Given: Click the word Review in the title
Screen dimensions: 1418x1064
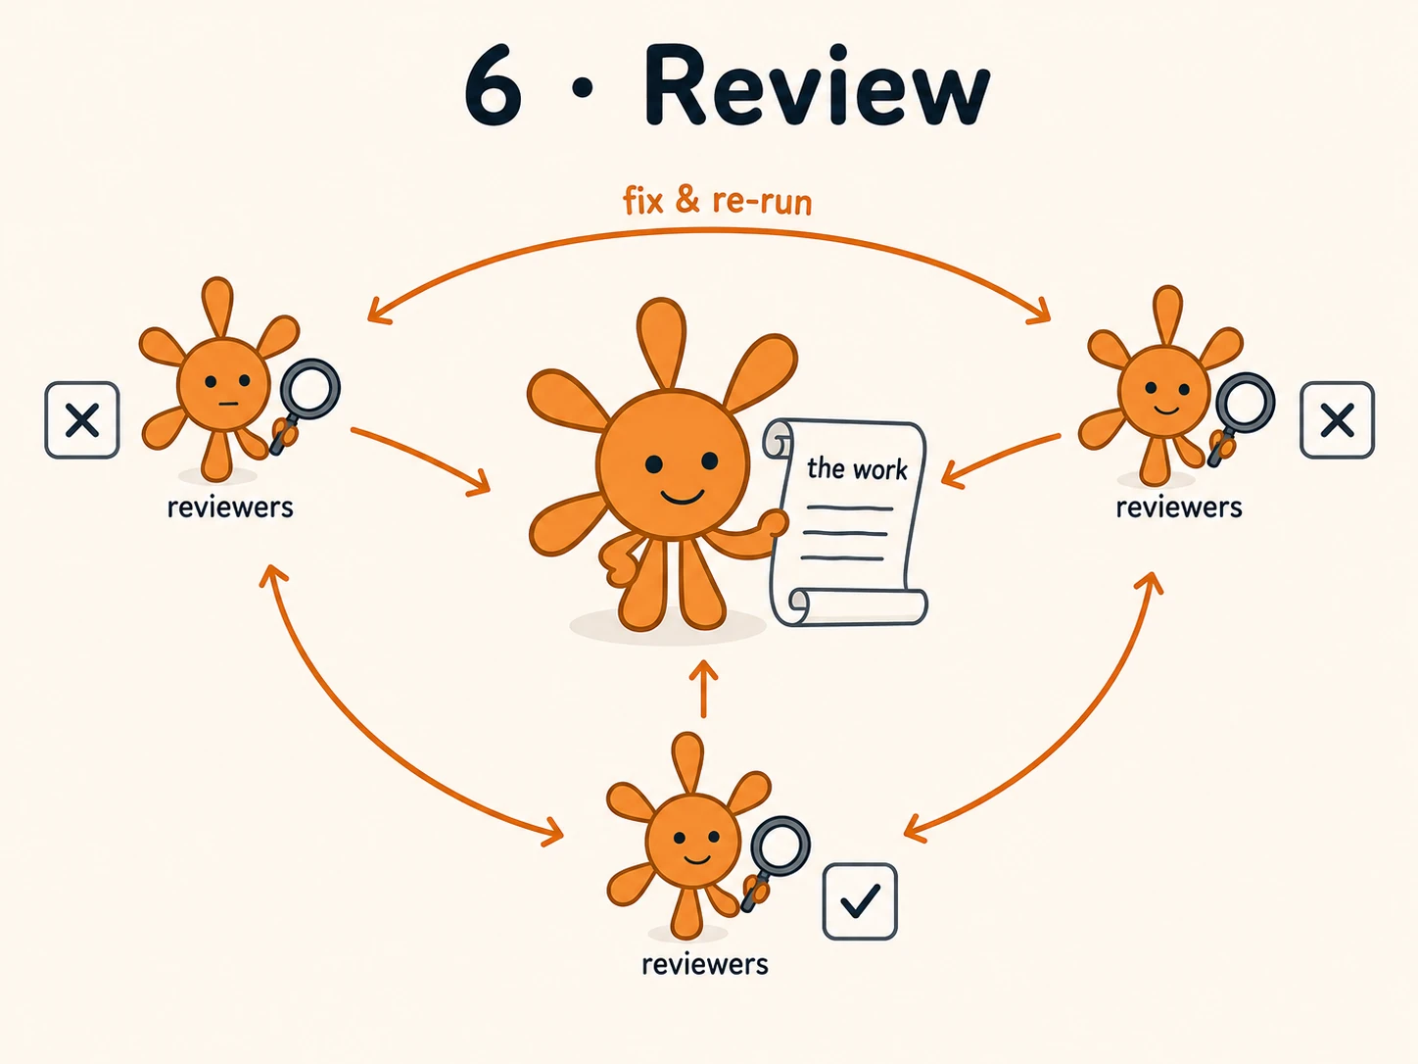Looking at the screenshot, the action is [817, 85].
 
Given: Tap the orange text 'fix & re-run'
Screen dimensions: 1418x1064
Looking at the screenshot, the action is [717, 200].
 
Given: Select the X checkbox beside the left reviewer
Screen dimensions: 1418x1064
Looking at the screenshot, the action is [82, 420].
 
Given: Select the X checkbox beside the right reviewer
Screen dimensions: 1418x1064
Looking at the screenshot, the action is [1337, 420].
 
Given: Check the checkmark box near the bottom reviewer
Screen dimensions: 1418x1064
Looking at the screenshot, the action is [860, 901].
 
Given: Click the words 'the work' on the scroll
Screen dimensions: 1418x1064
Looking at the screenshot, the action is [857, 468].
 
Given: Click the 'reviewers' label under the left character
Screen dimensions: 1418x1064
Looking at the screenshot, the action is [230, 508].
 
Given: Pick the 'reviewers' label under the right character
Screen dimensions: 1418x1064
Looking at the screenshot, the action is [1179, 508].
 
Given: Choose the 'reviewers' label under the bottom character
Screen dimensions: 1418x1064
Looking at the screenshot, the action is [705, 965].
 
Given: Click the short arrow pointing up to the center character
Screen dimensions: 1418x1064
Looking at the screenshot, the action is [703, 689].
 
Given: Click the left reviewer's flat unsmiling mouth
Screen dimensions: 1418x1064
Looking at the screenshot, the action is [229, 405].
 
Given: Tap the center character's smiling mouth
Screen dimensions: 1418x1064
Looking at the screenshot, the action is [682, 496].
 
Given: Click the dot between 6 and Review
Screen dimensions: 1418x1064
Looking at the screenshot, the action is [583, 88].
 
